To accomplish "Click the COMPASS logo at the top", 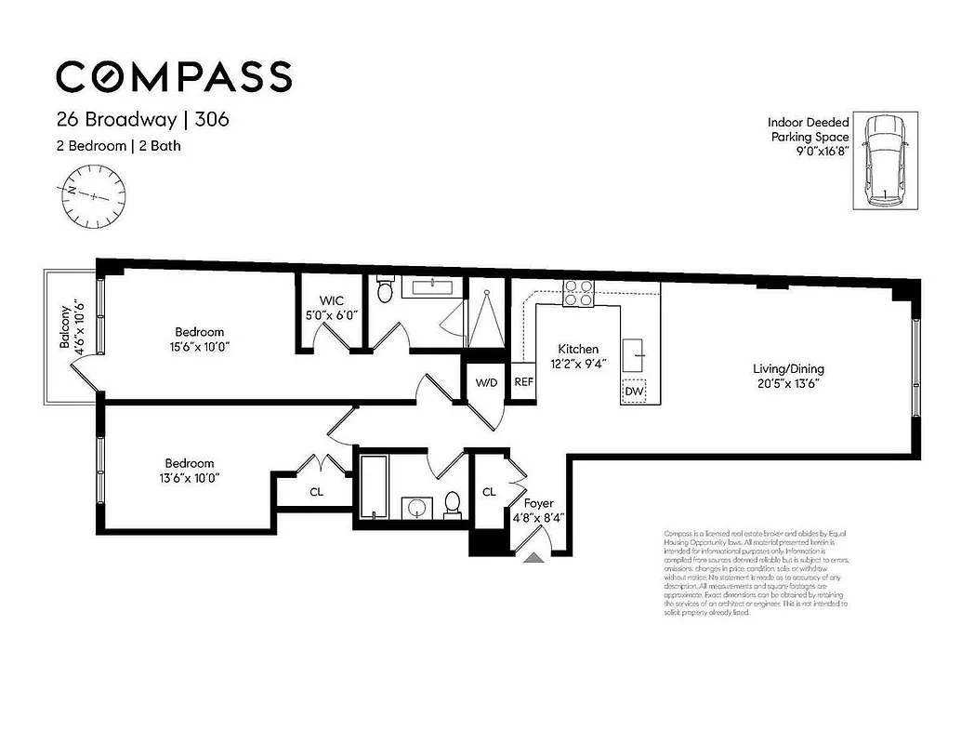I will click(x=174, y=75).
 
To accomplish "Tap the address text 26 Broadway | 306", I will click(x=142, y=120).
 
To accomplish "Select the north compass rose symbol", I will click(x=93, y=193).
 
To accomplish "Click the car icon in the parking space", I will click(x=885, y=161).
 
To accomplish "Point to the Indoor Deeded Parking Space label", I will click(x=808, y=137).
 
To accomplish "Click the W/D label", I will click(x=486, y=382).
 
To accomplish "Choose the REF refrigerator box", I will click(x=524, y=382).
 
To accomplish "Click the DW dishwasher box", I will click(x=635, y=392).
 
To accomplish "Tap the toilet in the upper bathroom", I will click(x=386, y=292).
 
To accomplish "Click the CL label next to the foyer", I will click(x=488, y=492).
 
